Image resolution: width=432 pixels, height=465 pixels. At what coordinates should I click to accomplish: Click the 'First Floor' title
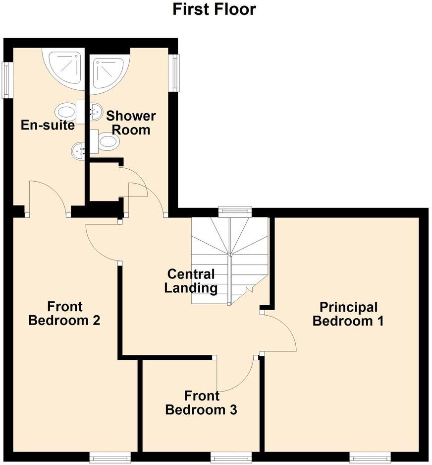[x=214, y=9]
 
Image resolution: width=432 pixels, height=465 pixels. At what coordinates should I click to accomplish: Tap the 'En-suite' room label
[x=48, y=125]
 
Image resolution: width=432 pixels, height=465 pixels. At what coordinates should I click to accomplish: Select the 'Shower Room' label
[x=131, y=123]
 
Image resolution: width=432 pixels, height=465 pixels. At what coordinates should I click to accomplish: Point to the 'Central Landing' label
[x=191, y=281]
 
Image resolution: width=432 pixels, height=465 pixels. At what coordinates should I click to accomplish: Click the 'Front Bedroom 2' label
[x=64, y=313]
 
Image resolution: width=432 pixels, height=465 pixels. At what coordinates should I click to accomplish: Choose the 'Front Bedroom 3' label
[x=201, y=403]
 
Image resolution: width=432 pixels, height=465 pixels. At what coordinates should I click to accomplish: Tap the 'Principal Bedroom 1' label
[x=348, y=314]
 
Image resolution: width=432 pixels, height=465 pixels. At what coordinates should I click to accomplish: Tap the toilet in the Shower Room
[x=107, y=141]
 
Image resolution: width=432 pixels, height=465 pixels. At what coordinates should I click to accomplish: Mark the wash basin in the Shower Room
[x=94, y=112]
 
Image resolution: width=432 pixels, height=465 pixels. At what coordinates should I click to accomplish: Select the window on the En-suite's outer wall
[x=6, y=79]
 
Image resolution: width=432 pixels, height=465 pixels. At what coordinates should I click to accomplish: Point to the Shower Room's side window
[x=174, y=73]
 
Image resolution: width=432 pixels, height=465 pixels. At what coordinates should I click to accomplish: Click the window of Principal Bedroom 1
[x=369, y=457]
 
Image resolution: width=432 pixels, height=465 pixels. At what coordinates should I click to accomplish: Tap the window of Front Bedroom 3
[x=228, y=457]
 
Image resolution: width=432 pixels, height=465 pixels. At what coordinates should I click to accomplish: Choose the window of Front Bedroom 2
[x=110, y=457]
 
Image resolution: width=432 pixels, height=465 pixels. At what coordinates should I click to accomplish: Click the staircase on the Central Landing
[x=230, y=261]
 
